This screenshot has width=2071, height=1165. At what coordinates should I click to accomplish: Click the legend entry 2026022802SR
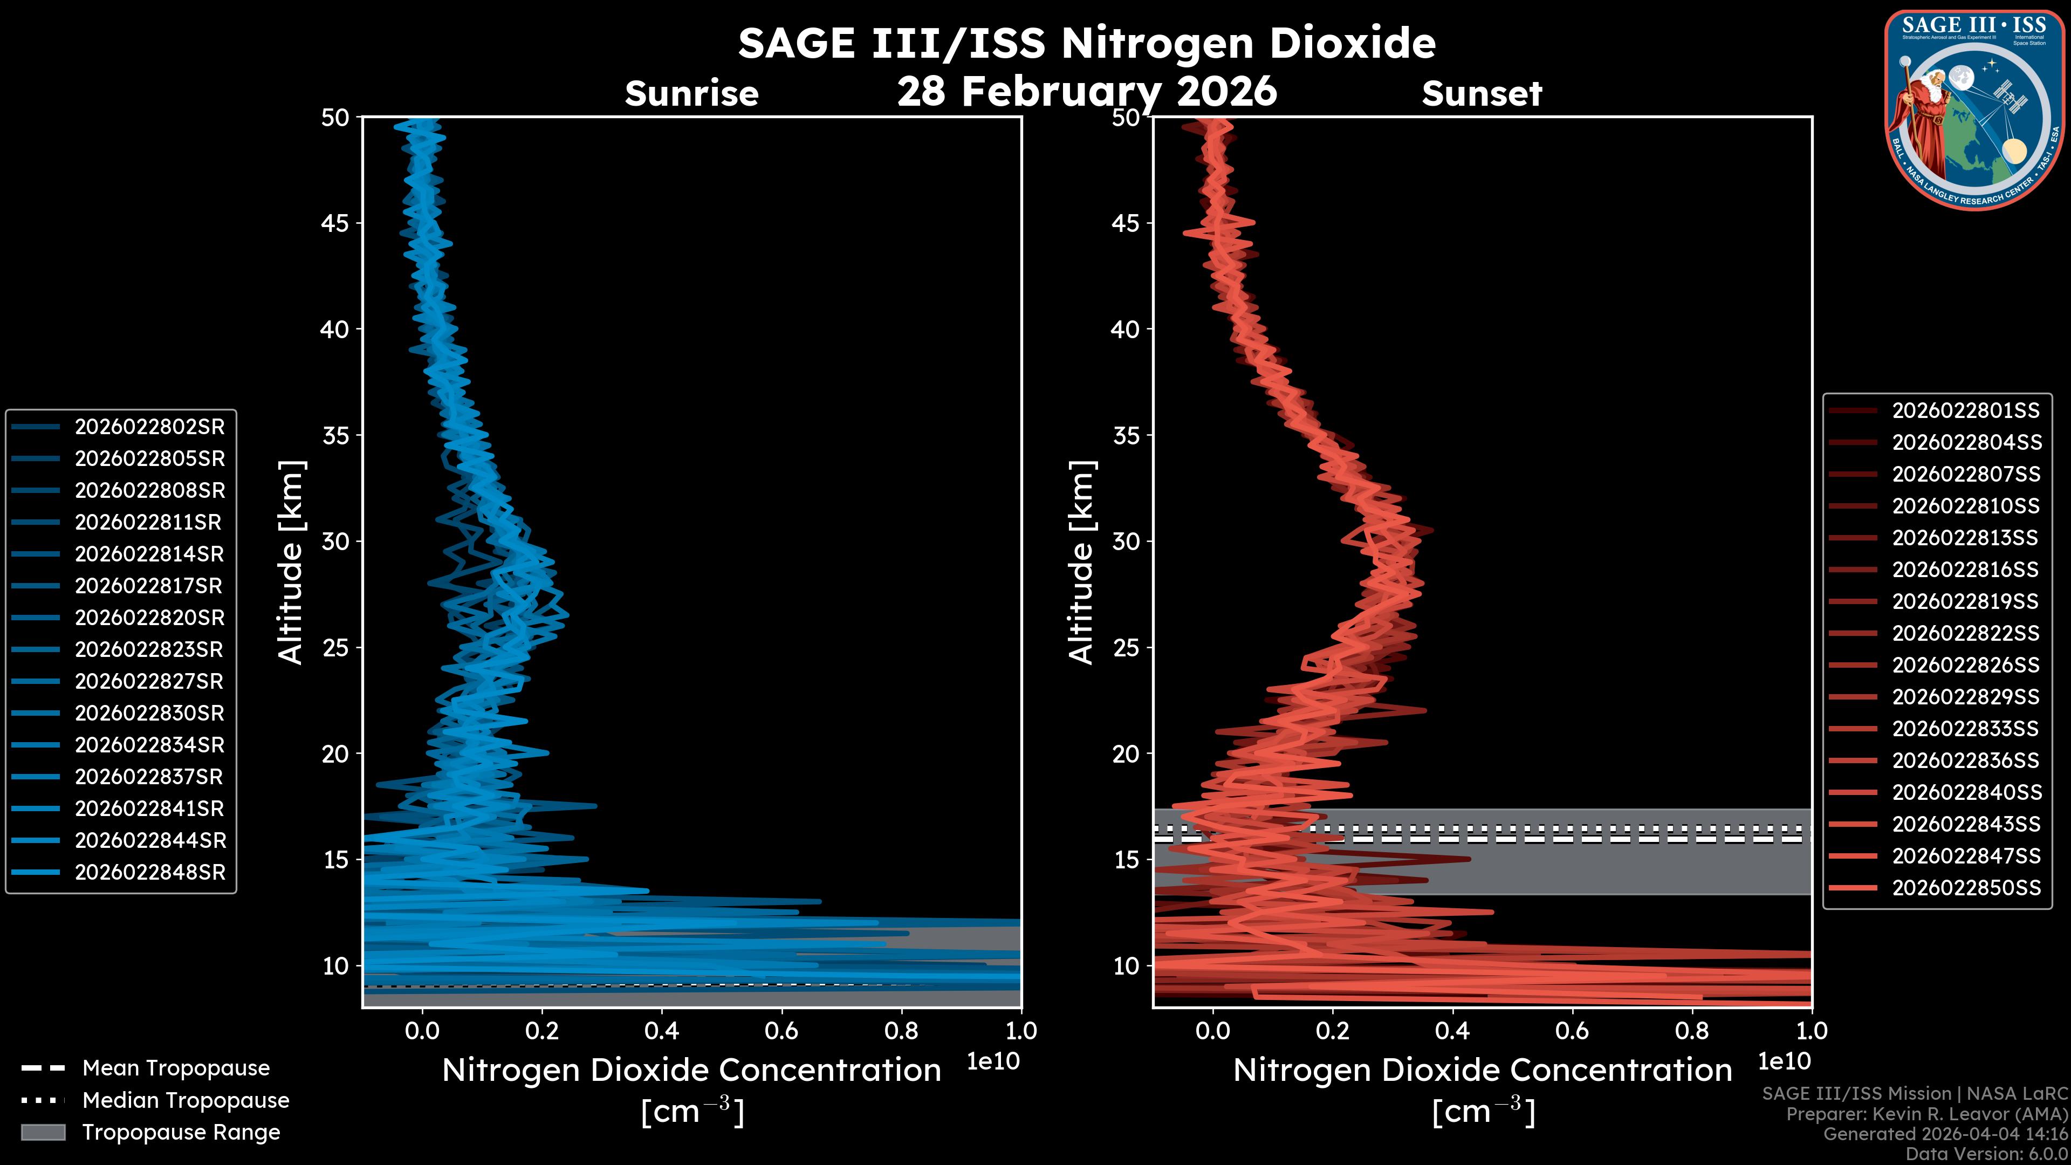[149, 427]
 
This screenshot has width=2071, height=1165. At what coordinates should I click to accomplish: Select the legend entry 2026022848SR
[149, 872]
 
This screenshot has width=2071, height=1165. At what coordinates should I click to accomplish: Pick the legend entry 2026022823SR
[149, 649]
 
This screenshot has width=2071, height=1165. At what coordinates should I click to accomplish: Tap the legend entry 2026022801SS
[1966, 411]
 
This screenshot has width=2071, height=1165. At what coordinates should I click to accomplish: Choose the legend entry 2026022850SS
[1966, 888]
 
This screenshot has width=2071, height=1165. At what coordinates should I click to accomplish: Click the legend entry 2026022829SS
[1966, 697]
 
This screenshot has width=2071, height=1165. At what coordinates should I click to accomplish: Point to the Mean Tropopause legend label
[176, 1068]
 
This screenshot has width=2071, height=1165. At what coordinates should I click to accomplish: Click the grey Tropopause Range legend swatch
[43, 1132]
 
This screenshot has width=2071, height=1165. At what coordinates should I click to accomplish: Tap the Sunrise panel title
[691, 94]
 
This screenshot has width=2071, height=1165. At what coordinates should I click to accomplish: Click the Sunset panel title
[1482, 94]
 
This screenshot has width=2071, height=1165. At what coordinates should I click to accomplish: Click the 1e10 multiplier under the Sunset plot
[1784, 1061]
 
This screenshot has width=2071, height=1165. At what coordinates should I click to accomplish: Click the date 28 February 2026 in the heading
[1087, 91]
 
